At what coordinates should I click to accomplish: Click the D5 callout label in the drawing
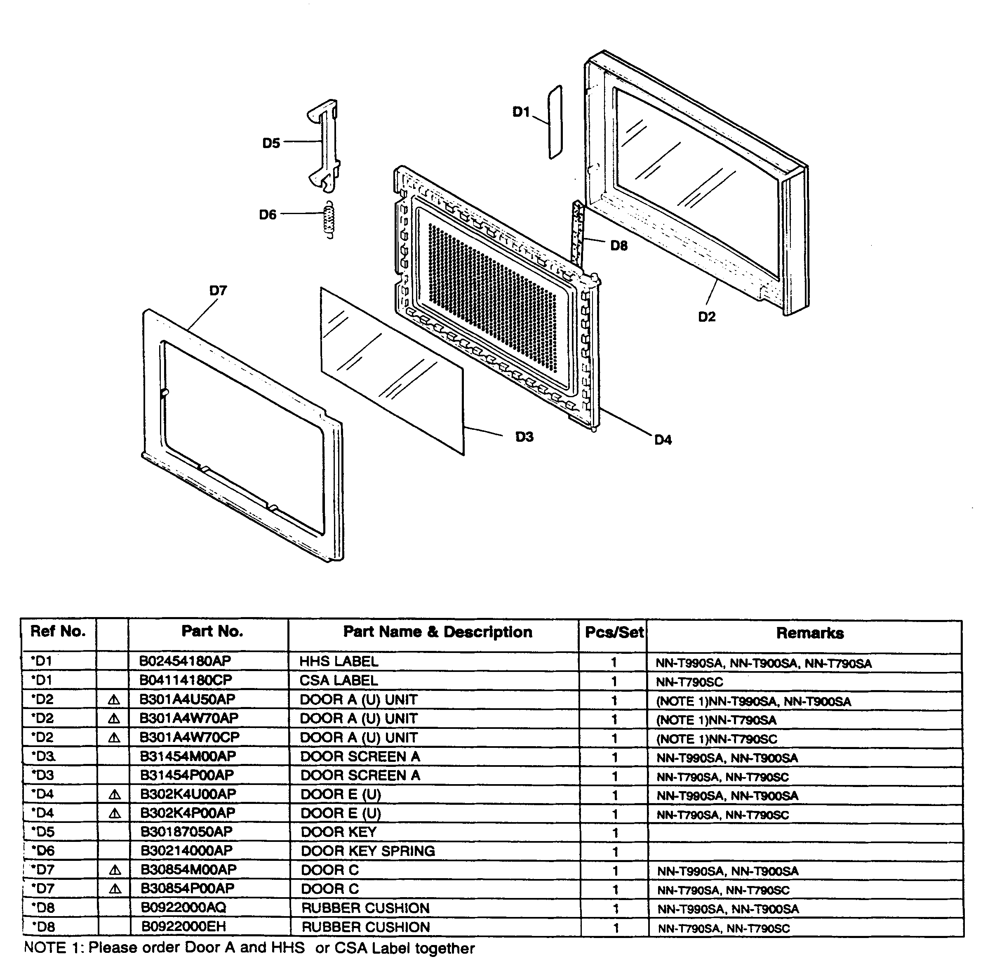[x=271, y=143]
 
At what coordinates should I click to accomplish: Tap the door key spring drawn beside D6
[x=330, y=219]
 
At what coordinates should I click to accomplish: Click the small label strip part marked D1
[x=555, y=122]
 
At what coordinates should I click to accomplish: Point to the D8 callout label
[x=619, y=246]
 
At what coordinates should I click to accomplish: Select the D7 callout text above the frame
[x=218, y=291]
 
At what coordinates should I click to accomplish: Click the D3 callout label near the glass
[x=524, y=437]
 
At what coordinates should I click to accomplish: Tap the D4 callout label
[x=663, y=440]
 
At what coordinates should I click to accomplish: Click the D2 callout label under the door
[x=707, y=317]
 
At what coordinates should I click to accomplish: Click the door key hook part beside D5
[x=325, y=144]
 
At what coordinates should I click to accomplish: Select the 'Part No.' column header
[x=212, y=632]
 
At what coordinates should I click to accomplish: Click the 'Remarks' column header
[x=810, y=633]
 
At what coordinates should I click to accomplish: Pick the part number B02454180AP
[x=186, y=661]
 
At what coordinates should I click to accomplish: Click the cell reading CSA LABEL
[x=339, y=681]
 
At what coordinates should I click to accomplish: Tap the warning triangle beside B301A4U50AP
[x=114, y=700]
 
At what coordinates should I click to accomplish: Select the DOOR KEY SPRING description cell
[x=367, y=851]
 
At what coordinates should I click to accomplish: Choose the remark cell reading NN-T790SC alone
[x=689, y=682]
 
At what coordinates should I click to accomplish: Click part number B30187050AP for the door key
[x=186, y=832]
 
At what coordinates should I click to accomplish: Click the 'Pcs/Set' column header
[x=614, y=632]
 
